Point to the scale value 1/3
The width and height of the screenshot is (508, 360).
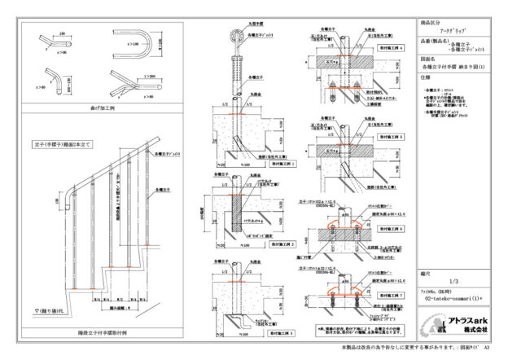click(455, 279)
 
